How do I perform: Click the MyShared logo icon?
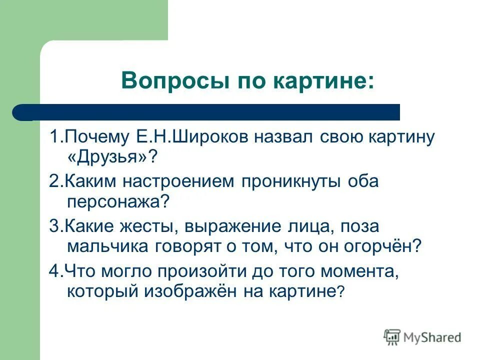[x=392, y=337]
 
